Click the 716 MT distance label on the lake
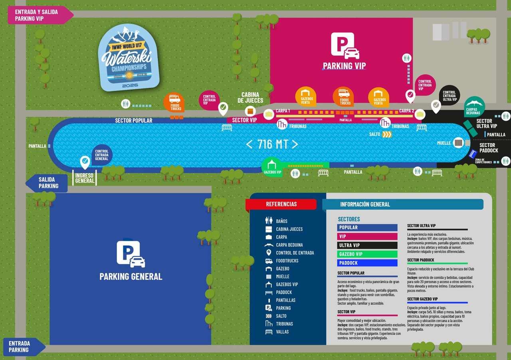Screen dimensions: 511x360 (x=272, y=144)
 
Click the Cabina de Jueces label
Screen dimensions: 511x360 (x=250, y=97)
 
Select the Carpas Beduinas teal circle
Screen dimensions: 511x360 (x=474, y=106)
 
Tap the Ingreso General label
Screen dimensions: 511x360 (x=85, y=178)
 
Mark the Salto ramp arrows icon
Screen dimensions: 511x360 (x=386, y=135)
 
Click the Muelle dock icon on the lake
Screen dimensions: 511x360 (x=458, y=143)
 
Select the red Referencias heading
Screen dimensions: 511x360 (x=281, y=204)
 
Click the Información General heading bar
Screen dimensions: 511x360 (x=402, y=204)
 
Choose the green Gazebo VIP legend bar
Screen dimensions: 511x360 (x=367, y=254)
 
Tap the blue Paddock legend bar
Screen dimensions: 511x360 (x=367, y=263)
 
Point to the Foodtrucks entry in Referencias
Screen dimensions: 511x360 (x=287, y=261)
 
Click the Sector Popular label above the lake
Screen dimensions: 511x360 (x=134, y=120)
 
